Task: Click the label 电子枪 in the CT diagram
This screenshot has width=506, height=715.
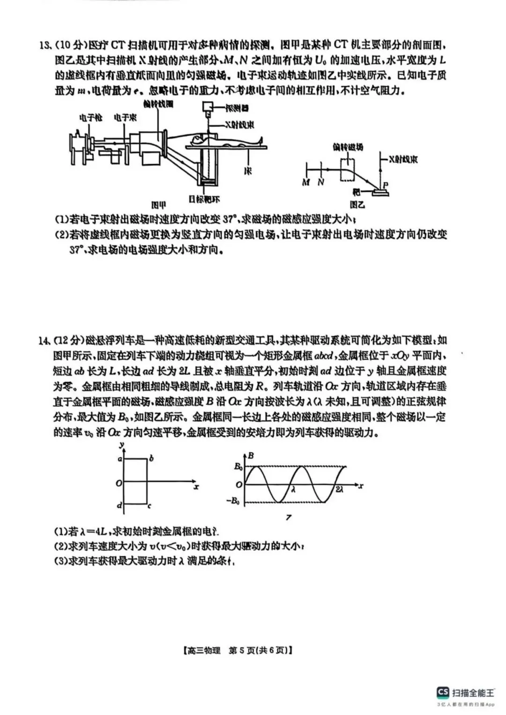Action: point(90,118)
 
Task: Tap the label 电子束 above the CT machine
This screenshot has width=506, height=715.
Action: point(125,118)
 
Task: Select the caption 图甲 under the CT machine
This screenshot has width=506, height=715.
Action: point(159,205)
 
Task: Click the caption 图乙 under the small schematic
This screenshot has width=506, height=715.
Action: point(357,205)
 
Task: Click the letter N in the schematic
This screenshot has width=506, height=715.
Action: point(321,182)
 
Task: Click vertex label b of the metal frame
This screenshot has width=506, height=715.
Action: point(151,459)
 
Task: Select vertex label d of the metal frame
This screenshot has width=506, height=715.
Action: point(119,506)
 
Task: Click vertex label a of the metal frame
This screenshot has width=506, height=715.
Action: point(120,459)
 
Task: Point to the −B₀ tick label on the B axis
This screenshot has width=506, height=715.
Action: point(234,501)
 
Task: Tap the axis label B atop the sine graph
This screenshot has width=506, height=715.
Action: point(251,455)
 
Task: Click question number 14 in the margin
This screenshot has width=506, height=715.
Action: point(45,341)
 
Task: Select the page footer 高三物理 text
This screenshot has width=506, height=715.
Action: point(203,650)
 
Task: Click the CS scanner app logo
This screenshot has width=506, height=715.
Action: point(443,692)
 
